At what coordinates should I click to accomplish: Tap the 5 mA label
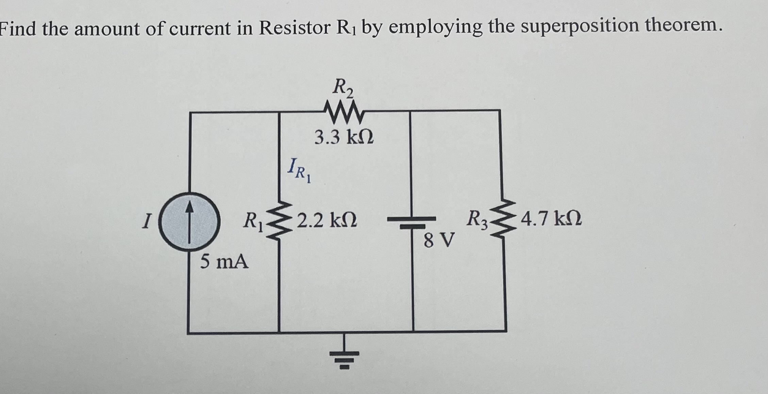tap(224, 262)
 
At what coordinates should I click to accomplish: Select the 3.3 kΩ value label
tap(344, 137)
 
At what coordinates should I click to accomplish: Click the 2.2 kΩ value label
tap(327, 220)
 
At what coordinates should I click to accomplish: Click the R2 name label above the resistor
tap(343, 88)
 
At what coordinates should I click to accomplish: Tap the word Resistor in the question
tap(294, 28)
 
